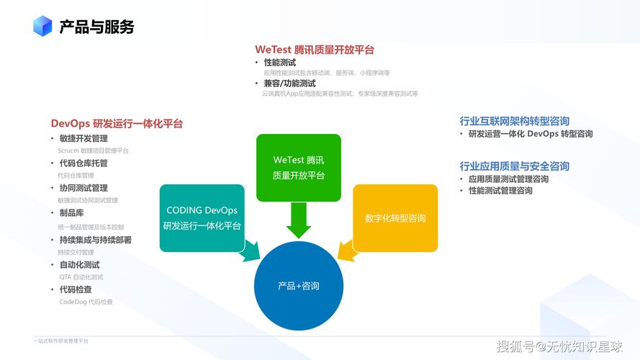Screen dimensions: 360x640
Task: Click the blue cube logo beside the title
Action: point(42,27)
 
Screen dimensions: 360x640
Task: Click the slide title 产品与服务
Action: point(96,27)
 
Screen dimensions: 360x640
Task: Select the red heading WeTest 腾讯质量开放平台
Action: point(315,50)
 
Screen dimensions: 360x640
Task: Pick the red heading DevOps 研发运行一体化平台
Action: point(117,124)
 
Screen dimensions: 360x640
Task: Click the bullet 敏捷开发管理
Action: point(84,139)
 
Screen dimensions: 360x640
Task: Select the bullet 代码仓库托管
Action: point(84,163)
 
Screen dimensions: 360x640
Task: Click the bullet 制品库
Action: point(71,213)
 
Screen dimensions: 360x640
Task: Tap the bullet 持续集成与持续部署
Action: point(95,240)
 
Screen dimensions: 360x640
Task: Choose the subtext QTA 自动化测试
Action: point(81,276)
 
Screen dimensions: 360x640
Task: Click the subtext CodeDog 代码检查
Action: point(86,302)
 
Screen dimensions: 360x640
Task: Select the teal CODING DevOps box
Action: point(202,217)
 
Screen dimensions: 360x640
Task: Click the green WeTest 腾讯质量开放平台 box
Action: point(298,167)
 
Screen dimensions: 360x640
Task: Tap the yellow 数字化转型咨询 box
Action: point(395,217)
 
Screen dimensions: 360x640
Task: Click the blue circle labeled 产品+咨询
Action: point(298,286)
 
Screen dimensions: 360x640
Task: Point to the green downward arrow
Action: point(298,220)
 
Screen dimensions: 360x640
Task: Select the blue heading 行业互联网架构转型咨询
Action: point(515,121)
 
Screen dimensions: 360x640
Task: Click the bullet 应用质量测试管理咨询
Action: point(508,179)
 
